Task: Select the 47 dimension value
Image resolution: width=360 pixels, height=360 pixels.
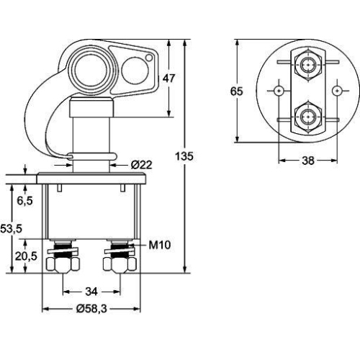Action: pyautogui.click(x=168, y=79)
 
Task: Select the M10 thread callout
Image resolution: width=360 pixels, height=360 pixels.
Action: pyautogui.click(x=159, y=245)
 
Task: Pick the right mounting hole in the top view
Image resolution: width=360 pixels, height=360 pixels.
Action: pyautogui.click(x=337, y=91)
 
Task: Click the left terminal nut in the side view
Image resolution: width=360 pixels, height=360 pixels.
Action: pyautogui.click(x=61, y=263)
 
